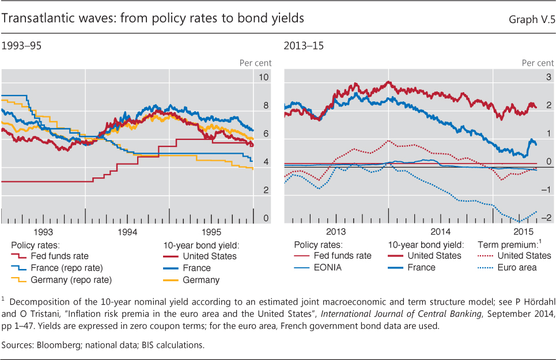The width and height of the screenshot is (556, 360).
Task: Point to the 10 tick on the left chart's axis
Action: pos(265,77)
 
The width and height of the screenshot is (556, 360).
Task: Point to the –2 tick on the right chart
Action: pos(546,217)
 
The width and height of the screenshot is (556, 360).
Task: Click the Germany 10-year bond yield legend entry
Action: pos(201,280)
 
